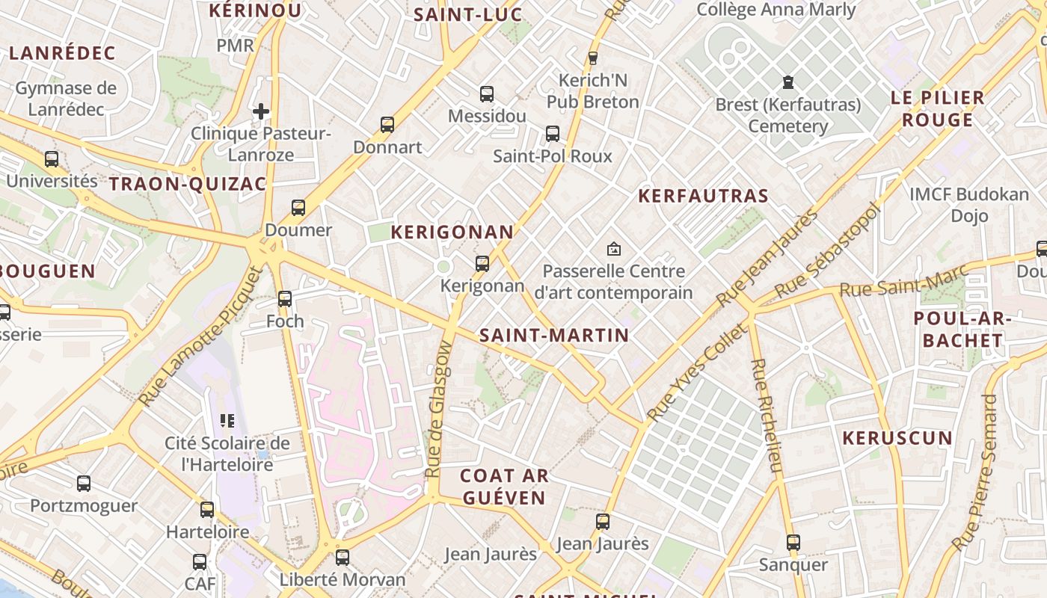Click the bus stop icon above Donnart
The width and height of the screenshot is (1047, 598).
[387, 125]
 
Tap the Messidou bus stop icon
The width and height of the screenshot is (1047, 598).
[487, 94]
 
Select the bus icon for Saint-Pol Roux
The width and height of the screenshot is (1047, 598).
[553, 134]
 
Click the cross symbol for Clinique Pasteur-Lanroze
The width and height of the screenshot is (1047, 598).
[260, 111]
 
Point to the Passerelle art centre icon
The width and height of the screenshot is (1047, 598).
[614, 249]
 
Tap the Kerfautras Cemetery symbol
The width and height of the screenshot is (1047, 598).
[787, 81]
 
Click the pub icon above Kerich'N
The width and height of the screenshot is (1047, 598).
[593, 58]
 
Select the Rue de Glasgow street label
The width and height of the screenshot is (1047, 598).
[438, 410]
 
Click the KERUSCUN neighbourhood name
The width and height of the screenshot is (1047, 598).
[897, 438]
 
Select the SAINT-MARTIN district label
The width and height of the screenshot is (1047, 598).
[554, 336]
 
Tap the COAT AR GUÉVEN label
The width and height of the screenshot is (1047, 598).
[503, 486]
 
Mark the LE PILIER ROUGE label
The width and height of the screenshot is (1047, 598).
[937, 109]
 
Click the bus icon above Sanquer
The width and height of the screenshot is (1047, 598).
[793, 543]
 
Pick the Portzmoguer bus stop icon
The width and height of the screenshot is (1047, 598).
[84, 484]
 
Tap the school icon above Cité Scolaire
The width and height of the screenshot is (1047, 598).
[227, 421]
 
